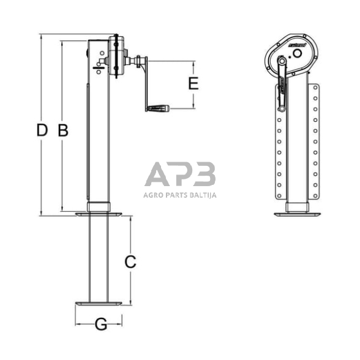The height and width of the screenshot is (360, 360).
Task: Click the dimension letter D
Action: [x=42, y=130]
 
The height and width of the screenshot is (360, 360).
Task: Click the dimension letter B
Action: [x=63, y=130]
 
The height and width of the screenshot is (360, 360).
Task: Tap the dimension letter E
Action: [x=193, y=84]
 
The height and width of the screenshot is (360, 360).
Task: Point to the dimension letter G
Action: [x=102, y=324]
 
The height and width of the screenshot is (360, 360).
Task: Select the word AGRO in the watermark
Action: [x=154, y=195]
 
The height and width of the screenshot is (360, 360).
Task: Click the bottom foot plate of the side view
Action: [x=98, y=303]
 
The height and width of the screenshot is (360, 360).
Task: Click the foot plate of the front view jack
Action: [x=297, y=214]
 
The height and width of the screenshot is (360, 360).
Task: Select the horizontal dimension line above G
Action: [x=98, y=317]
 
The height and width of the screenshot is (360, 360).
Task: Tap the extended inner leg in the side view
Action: [x=99, y=257]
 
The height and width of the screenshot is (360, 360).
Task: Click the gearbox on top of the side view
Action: [x=114, y=55]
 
